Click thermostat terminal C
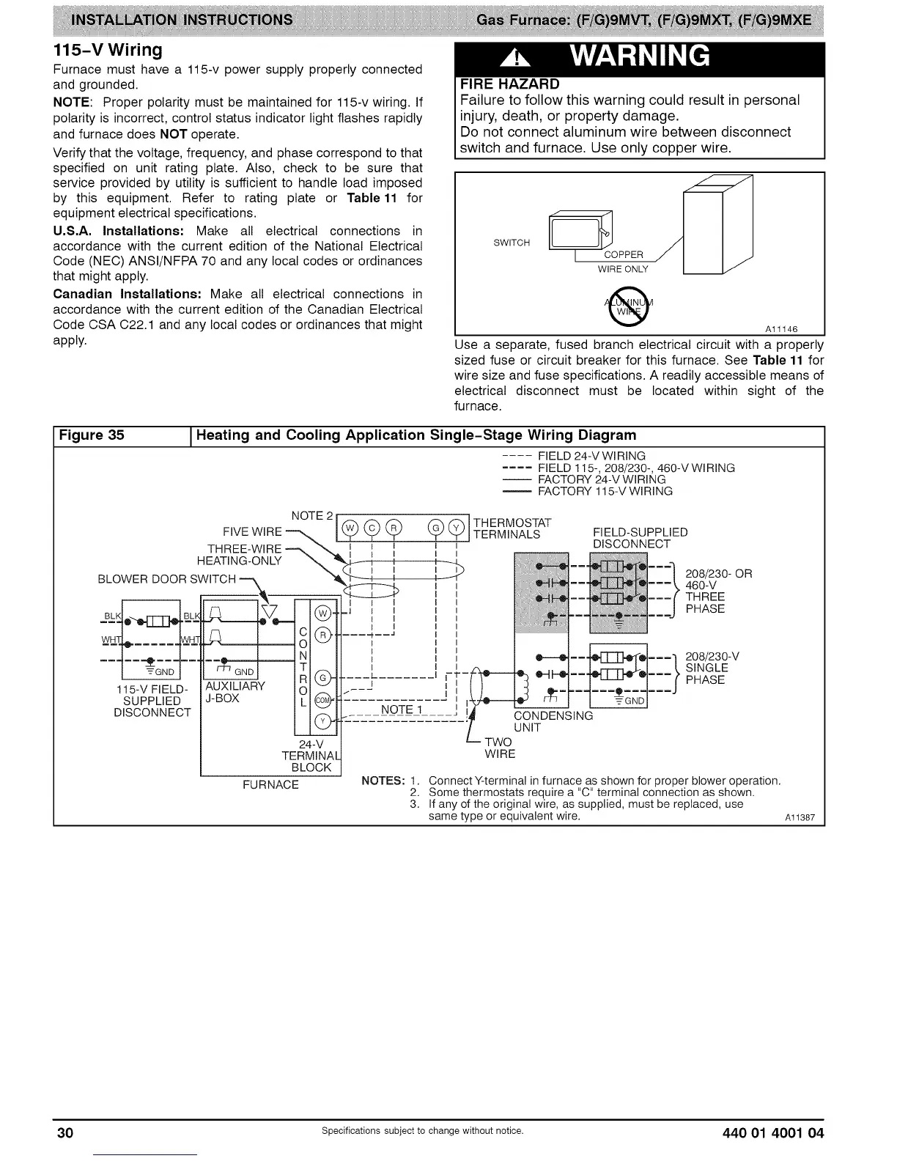[372, 528]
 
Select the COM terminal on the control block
[322, 699]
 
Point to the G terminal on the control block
[322, 675]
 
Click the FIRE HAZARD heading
[509, 84]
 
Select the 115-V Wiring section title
[108, 51]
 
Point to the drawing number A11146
[782, 328]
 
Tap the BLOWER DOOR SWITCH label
[166, 579]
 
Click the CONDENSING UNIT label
[553, 721]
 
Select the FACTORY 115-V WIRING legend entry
[605, 491]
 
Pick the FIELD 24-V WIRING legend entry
[591, 456]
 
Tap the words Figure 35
[92, 435]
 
